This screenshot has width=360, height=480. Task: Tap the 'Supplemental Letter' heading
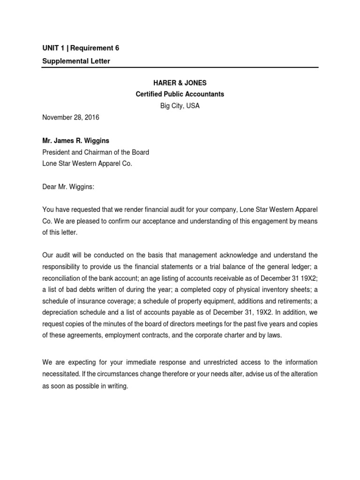click(76, 61)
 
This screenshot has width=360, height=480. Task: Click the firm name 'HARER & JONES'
click(180, 82)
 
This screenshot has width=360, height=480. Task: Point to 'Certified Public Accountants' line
click(180, 94)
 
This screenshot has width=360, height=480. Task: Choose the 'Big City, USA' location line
click(180, 106)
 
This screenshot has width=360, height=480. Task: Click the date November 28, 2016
click(71, 118)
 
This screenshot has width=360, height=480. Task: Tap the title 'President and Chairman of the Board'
click(96, 152)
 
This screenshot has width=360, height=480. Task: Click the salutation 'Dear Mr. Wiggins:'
click(68, 187)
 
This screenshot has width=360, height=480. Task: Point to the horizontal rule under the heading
click(180, 67)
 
